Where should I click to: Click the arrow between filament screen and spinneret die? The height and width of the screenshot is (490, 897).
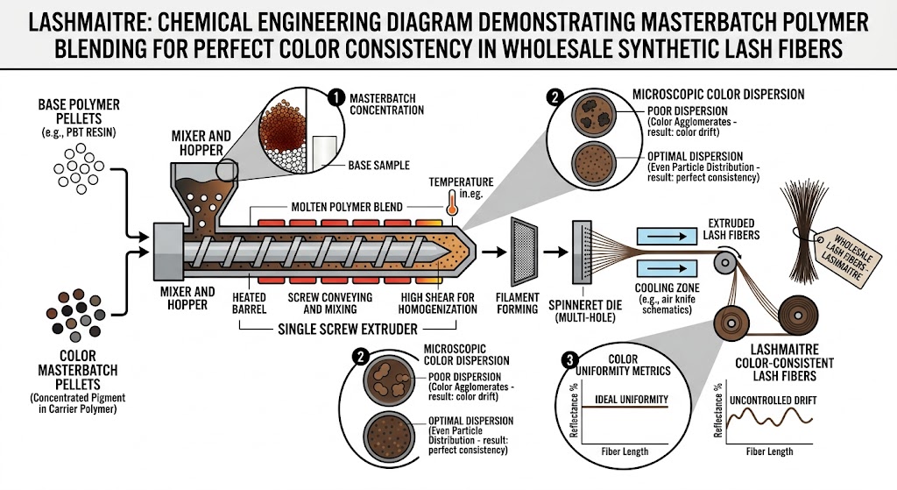point(554,251)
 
